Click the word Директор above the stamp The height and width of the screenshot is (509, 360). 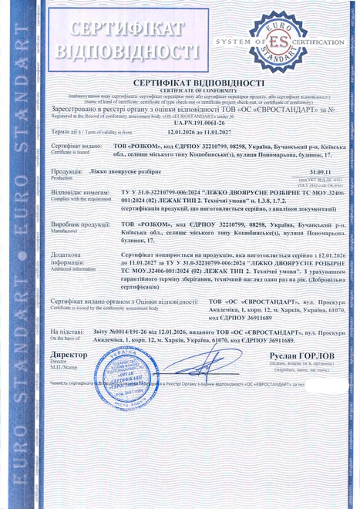(67, 356)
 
